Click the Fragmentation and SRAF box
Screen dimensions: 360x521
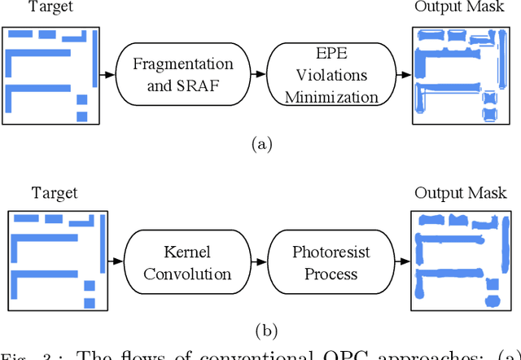(183, 75)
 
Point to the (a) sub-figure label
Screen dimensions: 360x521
(260, 145)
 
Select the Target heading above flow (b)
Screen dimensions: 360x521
(55, 193)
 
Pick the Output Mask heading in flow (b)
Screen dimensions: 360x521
(461, 193)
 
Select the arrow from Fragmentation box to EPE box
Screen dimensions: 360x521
(257, 75)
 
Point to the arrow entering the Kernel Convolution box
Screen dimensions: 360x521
(118, 262)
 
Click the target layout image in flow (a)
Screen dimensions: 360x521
(50, 75)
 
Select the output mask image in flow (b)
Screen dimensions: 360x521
(459, 262)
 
